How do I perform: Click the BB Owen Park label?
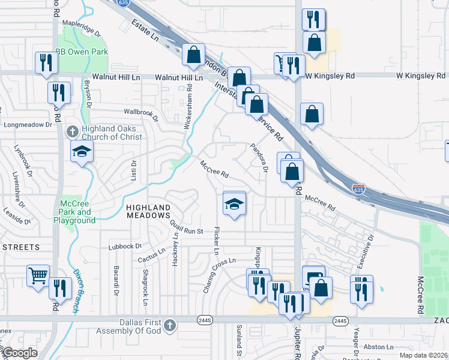[82, 52]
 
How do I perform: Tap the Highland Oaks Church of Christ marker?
[72, 131]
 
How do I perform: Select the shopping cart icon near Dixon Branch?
[38, 276]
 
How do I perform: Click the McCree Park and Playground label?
[76, 212]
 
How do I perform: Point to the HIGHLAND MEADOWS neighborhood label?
[148, 211]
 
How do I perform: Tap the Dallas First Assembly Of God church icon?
[170, 325]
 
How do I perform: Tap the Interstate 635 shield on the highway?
[358, 189]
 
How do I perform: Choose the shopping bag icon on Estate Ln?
[194, 55]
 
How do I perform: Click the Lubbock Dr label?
[124, 246]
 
